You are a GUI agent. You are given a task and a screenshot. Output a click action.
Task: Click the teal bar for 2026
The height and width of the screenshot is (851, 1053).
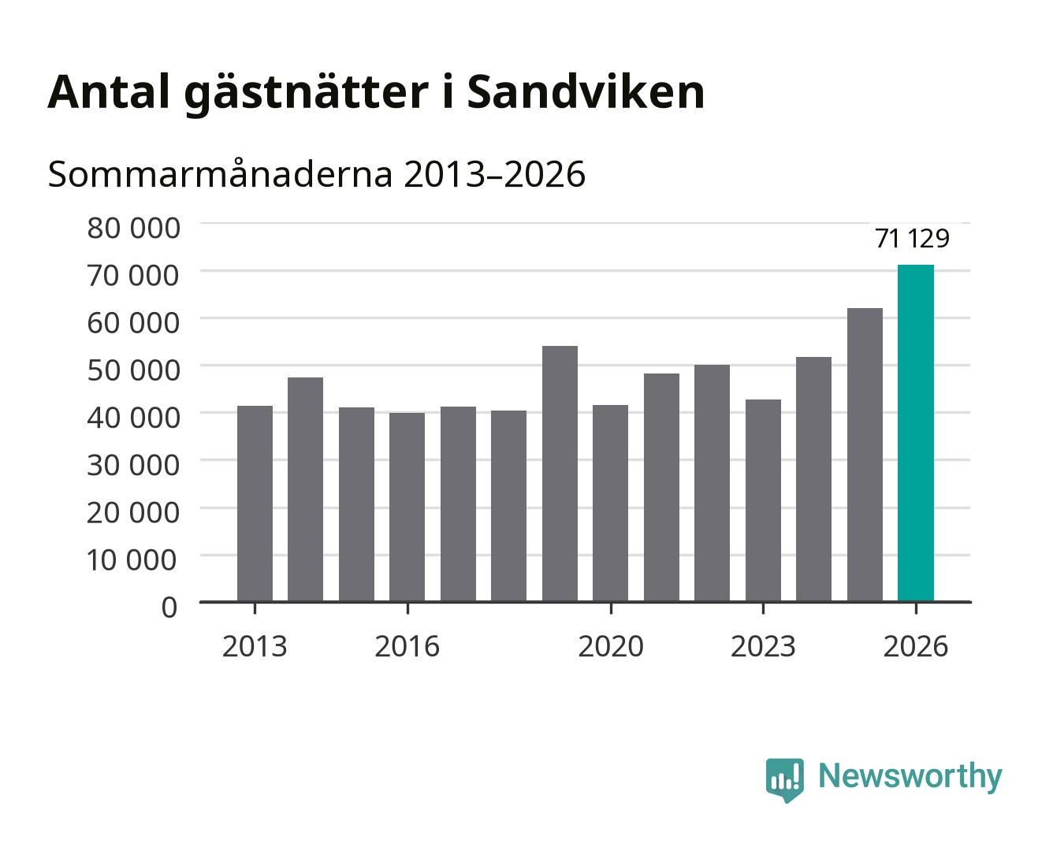click(x=916, y=433)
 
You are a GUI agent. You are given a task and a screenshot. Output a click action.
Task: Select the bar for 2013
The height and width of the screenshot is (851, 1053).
click(x=255, y=504)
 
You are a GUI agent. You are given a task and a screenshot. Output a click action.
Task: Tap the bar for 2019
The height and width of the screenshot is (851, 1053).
click(x=560, y=474)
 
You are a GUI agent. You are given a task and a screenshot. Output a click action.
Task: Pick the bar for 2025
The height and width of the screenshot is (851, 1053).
click(x=865, y=455)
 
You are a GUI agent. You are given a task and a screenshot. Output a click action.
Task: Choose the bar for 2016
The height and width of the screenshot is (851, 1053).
click(x=407, y=507)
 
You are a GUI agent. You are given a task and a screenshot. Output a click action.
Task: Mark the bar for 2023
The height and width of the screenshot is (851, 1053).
click(x=763, y=500)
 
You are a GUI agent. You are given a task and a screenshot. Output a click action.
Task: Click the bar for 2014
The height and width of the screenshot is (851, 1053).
click(x=306, y=489)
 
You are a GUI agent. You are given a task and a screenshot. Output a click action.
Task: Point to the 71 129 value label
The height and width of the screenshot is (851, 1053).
click(x=912, y=239)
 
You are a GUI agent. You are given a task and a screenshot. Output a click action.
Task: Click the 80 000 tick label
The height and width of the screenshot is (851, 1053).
click(x=133, y=228)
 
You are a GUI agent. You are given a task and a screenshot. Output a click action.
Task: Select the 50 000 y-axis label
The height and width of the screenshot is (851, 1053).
click(x=133, y=370)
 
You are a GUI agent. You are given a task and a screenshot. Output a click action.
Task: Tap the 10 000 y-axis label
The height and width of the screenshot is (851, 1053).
click(x=132, y=560)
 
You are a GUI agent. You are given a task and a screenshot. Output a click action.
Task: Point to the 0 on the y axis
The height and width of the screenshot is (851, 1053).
click(x=169, y=608)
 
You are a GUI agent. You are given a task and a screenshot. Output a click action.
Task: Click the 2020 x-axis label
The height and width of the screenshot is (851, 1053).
click(x=611, y=646)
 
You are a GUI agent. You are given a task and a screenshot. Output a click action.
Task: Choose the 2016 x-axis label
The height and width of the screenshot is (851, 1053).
click(x=407, y=646)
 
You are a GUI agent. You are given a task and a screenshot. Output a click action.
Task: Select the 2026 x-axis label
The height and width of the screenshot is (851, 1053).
click(x=916, y=646)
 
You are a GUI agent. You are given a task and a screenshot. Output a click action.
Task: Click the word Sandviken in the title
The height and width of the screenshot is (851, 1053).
click(x=586, y=92)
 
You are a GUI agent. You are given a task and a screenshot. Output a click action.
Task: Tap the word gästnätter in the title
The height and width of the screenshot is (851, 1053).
click(x=307, y=95)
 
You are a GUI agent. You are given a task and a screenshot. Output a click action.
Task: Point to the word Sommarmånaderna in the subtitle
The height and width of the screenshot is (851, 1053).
click(x=220, y=173)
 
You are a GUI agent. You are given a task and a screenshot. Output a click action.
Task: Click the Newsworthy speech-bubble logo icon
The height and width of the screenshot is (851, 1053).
click(x=784, y=780)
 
